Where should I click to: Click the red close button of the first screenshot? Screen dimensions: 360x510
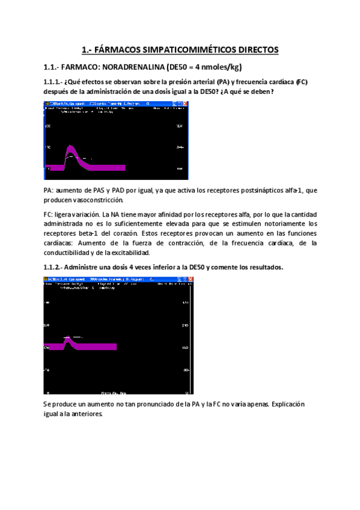tap(185, 105)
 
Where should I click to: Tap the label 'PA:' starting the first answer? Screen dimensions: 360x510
tap(48, 191)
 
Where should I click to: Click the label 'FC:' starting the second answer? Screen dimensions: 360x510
tap(48, 214)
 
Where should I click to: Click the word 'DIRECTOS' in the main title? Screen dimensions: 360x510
tap(254, 51)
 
